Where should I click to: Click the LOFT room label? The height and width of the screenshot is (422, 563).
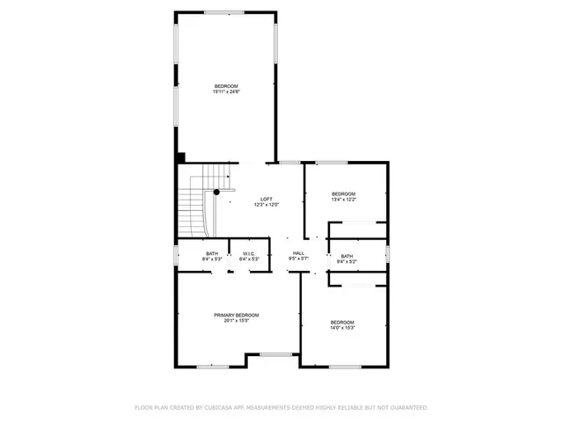click(266, 199)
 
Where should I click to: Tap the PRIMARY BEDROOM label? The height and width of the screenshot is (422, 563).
click(237, 315)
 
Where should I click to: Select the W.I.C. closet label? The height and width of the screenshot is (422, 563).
click(249, 254)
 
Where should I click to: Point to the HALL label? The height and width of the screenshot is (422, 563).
click(298, 253)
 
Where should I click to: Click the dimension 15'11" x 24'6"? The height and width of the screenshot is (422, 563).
click(226, 91)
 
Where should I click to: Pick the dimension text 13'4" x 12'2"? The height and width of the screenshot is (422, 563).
click(343, 200)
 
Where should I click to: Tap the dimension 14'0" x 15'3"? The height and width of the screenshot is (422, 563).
click(342, 328)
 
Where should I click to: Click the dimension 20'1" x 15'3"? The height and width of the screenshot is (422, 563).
click(237, 321)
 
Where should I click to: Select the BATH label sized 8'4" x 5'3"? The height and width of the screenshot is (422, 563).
click(212, 253)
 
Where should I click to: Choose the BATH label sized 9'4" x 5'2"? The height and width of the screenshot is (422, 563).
click(347, 256)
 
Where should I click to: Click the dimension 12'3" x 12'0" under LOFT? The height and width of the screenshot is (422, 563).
click(266, 205)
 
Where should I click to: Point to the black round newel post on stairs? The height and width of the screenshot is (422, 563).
click(216, 192)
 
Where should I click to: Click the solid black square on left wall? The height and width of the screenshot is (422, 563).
click(180, 157)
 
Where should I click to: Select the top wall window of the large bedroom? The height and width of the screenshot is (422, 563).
click(225, 12)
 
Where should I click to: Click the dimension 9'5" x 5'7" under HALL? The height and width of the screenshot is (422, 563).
click(298, 259)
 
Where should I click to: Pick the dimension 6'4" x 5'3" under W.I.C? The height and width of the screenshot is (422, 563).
click(249, 260)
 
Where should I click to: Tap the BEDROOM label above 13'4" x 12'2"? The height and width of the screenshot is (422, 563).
click(343, 193)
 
